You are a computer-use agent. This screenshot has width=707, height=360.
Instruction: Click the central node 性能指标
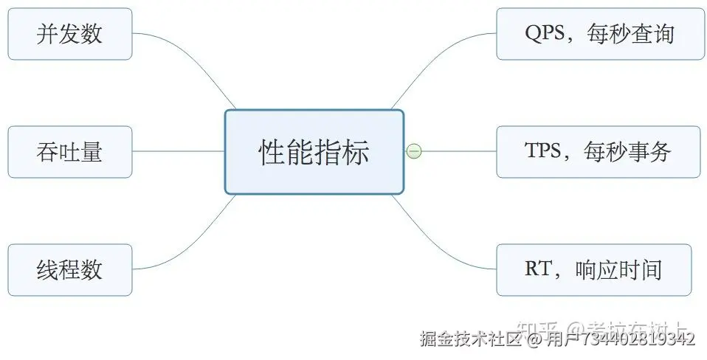(314, 152)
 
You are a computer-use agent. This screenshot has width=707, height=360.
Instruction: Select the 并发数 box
(70, 34)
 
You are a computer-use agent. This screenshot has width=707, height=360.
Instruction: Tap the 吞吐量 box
(70, 152)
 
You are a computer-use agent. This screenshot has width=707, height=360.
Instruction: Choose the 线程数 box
(70, 270)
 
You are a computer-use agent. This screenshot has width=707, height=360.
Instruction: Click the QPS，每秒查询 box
(599, 34)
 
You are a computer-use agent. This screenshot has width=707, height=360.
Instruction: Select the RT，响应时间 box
(593, 270)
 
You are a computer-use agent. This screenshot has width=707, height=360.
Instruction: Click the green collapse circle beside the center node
(414, 152)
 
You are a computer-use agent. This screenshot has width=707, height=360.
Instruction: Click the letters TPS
(545, 151)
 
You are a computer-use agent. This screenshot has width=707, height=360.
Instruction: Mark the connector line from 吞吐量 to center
(177, 152)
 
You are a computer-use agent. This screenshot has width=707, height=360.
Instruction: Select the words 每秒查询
(631, 34)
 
